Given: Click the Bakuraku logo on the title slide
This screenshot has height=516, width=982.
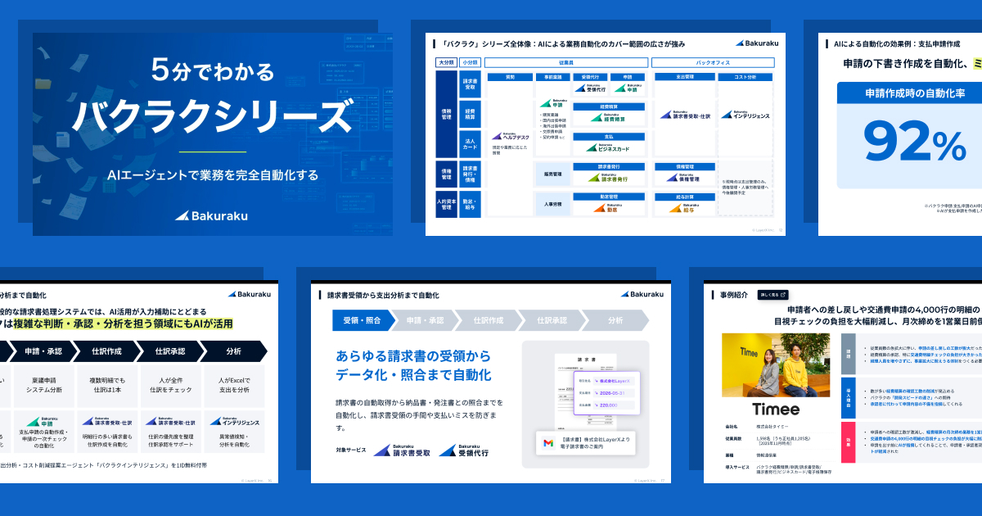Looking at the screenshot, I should (x=211, y=216).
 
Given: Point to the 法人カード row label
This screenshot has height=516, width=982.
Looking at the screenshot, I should (x=469, y=143).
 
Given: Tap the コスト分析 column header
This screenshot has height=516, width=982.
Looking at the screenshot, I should (x=750, y=77).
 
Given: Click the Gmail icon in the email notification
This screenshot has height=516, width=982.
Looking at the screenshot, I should (x=548, y=443).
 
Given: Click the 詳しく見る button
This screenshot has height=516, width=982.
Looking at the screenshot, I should (x=773, y=294).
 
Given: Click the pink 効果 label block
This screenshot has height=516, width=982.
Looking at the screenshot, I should (x=847, y=442).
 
